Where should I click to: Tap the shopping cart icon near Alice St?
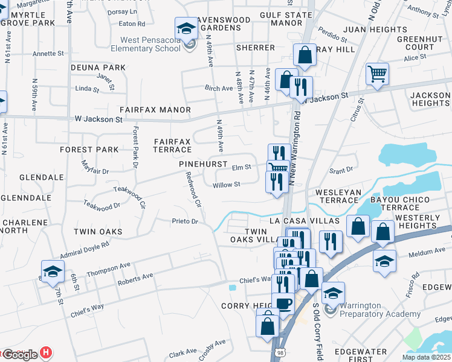[x=377, y=74]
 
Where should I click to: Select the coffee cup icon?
[x=282, y=303]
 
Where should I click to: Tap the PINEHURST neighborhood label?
[x=202, y=164]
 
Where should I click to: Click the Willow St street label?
[x=227, y=185]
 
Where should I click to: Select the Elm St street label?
[x=241, y=167]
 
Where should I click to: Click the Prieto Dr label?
[x=185, y=221]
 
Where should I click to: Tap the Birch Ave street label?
[x=219, y=88]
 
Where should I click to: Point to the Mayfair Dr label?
[x=95, y=171]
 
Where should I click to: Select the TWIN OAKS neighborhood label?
[x=97, y=232]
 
